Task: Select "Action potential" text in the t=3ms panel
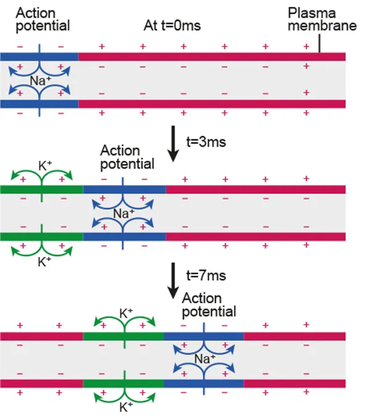[x=127, y=157]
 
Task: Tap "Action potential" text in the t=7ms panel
[x=209, y=304]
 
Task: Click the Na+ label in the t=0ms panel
[x=40, y=80]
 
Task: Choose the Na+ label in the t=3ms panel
[x=123, y=213]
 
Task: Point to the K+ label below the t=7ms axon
[x=126, y=407]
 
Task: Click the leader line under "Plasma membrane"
[x=319, y=44]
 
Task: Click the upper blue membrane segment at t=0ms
[x=19, y=56]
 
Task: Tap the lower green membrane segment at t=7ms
[x=105, y=383]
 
